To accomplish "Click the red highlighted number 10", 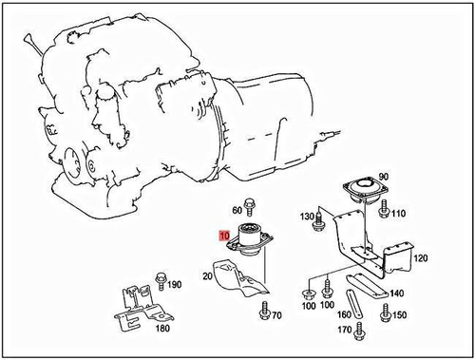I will point(224,235).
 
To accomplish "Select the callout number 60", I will point(237,209).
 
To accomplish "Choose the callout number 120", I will point(421,257).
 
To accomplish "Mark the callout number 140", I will point(396,294).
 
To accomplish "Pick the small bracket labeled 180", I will point(141,305).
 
